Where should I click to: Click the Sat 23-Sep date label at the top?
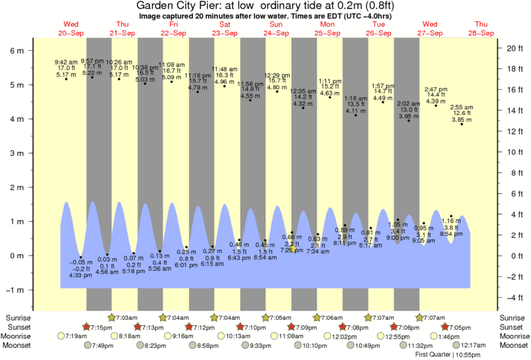(224, 28)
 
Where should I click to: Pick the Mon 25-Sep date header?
(327, 28)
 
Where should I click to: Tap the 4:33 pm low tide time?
(80, 275)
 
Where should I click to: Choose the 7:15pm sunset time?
(100, 327)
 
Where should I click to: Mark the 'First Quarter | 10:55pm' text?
(447, 354)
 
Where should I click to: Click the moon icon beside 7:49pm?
(87, 345)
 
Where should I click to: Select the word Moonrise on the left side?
(19, 336)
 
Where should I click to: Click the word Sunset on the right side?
(512, 327)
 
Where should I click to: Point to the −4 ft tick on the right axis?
(512, 297)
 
